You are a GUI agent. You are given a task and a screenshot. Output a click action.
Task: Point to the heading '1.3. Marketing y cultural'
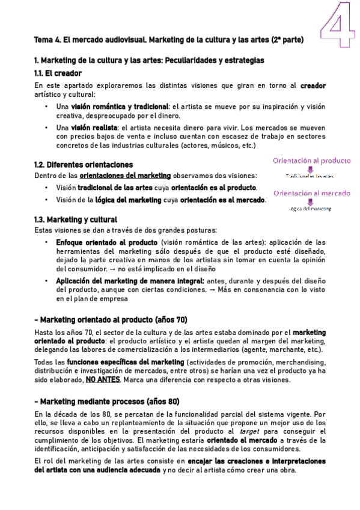pos(76,219)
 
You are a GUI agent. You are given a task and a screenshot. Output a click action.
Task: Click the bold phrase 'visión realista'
pos(94,128)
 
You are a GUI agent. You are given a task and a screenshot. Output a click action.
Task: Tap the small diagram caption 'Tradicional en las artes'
pos(310,177)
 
